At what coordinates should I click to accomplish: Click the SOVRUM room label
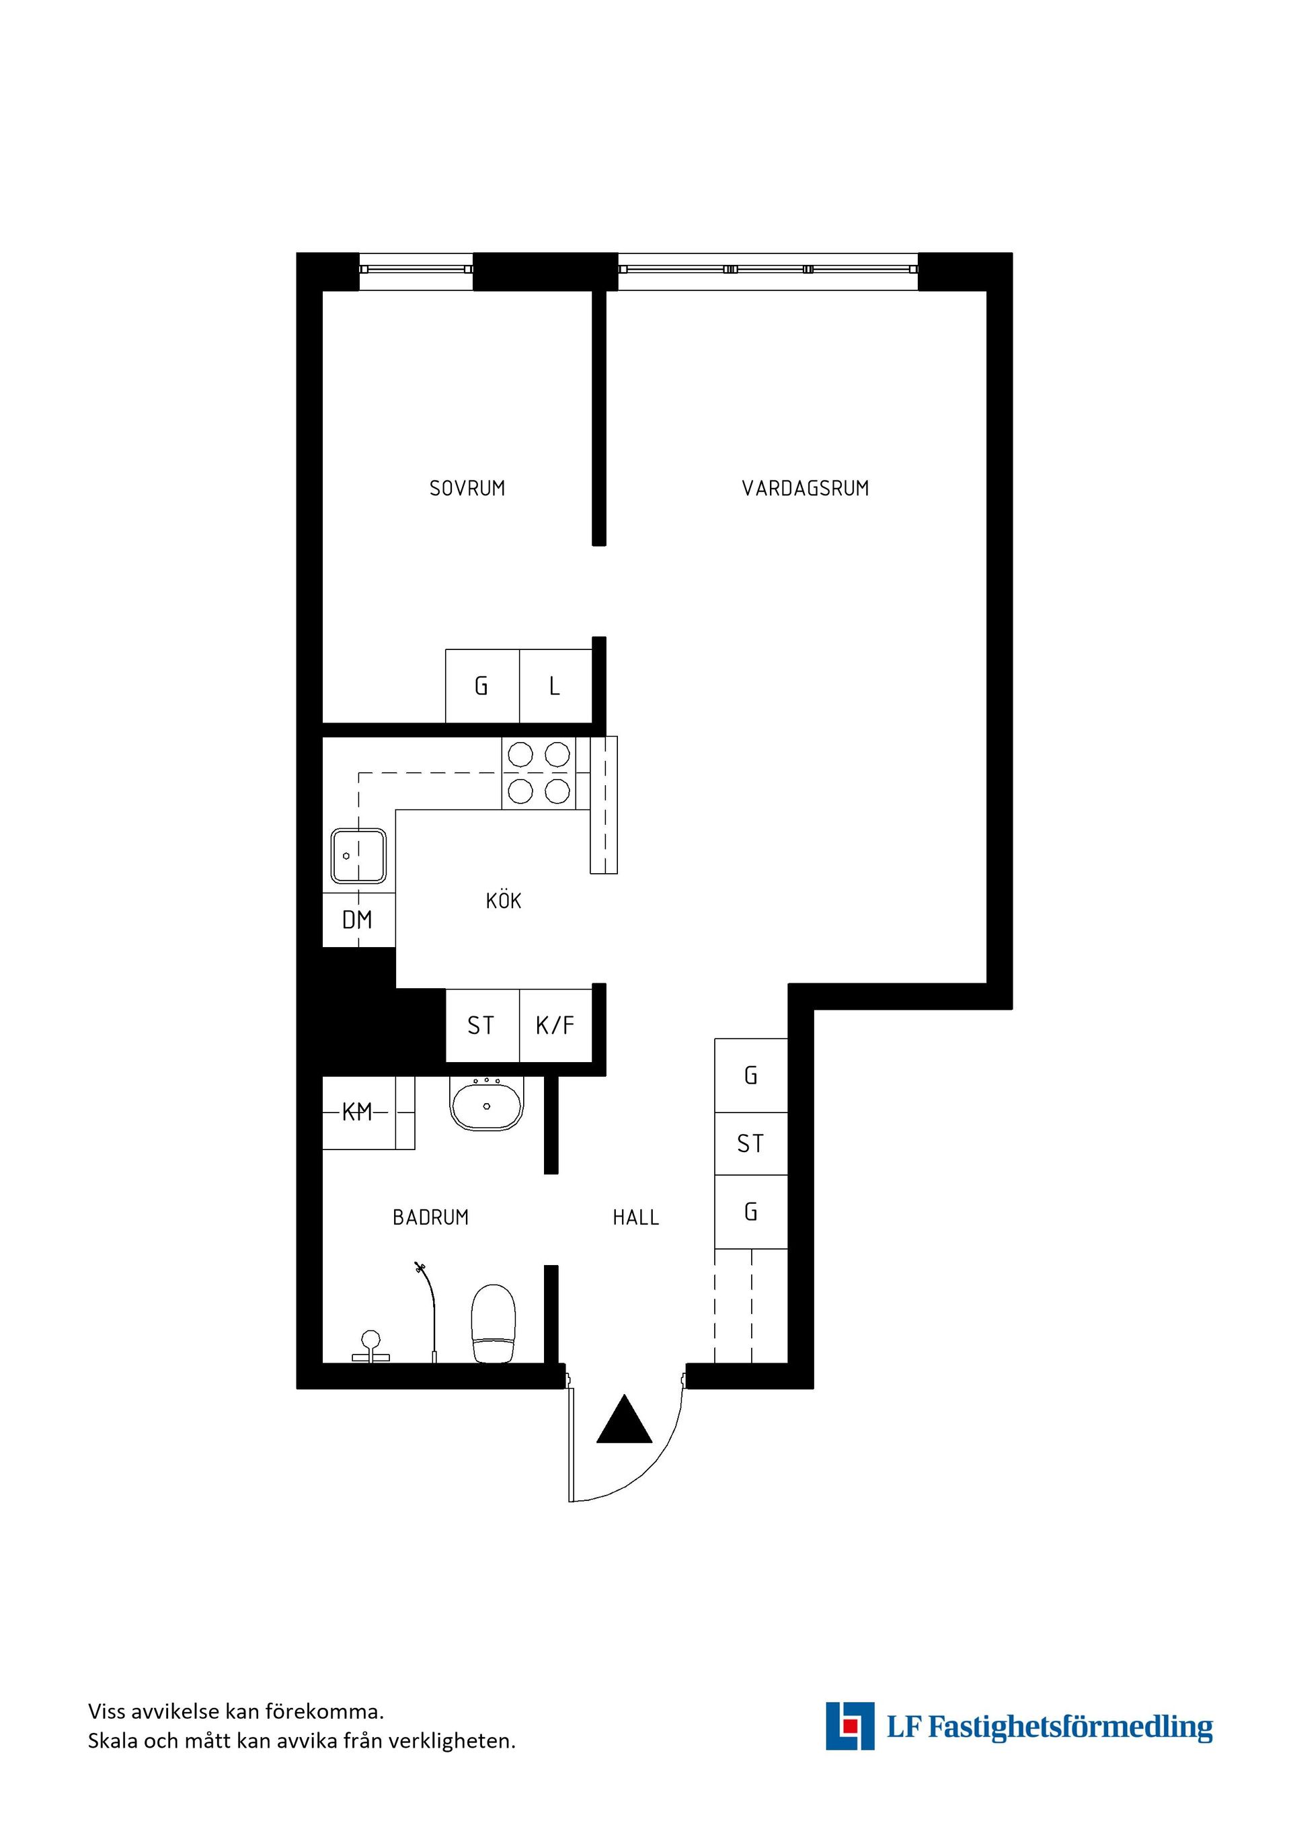click(467, 488)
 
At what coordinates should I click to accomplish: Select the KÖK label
click(503, 901)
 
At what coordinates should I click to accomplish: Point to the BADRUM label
click(430, 1217)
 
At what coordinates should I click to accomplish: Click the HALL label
click(635, 1217)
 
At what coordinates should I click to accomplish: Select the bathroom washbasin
click(487, 1105)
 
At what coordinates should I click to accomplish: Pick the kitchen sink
click(358, 856)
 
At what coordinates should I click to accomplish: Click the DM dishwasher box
click(358, 920)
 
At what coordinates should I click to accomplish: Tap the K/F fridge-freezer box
click(555, 1025)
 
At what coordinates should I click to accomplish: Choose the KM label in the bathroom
click(357, 1112)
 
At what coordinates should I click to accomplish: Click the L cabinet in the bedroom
click(555, 686)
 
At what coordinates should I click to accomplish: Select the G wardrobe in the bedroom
click(481, 686)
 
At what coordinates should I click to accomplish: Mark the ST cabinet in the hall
click(750, 1143)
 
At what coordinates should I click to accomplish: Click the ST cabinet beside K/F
click(481, 1025)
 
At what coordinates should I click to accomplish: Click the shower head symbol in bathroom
click(418, 1267)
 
